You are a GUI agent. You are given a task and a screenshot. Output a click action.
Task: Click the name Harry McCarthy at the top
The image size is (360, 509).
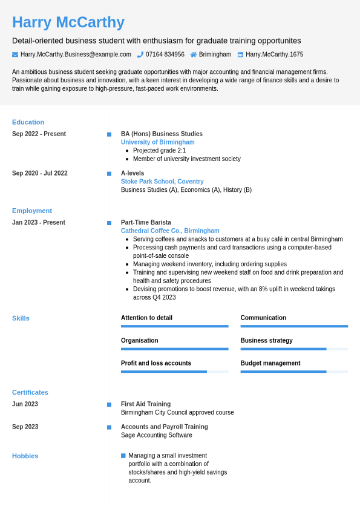pos(68,22)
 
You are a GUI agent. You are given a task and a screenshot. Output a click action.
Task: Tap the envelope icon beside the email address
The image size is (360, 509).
pos(15,54)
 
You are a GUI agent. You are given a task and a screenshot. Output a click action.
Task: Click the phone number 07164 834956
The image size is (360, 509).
pos(165,54)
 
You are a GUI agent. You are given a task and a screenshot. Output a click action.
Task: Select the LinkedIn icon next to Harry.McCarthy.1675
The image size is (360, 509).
pos(240,54)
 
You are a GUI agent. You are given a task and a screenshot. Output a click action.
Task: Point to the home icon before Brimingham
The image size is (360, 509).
pos(194,54)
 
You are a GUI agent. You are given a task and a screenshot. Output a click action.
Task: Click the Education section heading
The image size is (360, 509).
pos(28,122)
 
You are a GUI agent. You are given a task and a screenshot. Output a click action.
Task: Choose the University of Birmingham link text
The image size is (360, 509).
pos(157,142)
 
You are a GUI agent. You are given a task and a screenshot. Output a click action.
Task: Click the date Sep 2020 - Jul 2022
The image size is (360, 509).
pos(40,173)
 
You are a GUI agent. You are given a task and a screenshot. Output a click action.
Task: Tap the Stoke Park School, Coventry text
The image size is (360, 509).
pos(162,182)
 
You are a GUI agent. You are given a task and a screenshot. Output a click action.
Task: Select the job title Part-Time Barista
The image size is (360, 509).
pos(146,222)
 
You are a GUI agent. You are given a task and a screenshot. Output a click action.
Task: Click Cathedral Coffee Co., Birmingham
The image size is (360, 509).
pos(170,231)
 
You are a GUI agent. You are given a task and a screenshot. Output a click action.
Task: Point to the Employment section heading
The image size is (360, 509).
pos(32,211)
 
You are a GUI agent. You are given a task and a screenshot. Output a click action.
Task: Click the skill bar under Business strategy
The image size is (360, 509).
pos(294,349)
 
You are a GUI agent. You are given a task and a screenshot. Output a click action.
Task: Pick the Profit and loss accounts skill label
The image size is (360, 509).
pos(156,363)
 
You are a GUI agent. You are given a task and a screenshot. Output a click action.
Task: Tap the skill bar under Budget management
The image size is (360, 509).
pos(294,372)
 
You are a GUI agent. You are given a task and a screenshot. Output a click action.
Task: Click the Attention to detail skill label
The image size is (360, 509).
pos(146,318)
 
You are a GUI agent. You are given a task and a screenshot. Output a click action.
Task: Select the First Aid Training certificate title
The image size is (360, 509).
pos(146,404)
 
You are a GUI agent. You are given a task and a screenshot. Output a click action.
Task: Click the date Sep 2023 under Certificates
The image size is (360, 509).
pos(25,427)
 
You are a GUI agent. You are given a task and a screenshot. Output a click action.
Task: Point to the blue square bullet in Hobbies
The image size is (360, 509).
pos(123,456)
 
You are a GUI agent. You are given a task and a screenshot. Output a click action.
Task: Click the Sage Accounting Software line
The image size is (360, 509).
pos(157,435)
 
